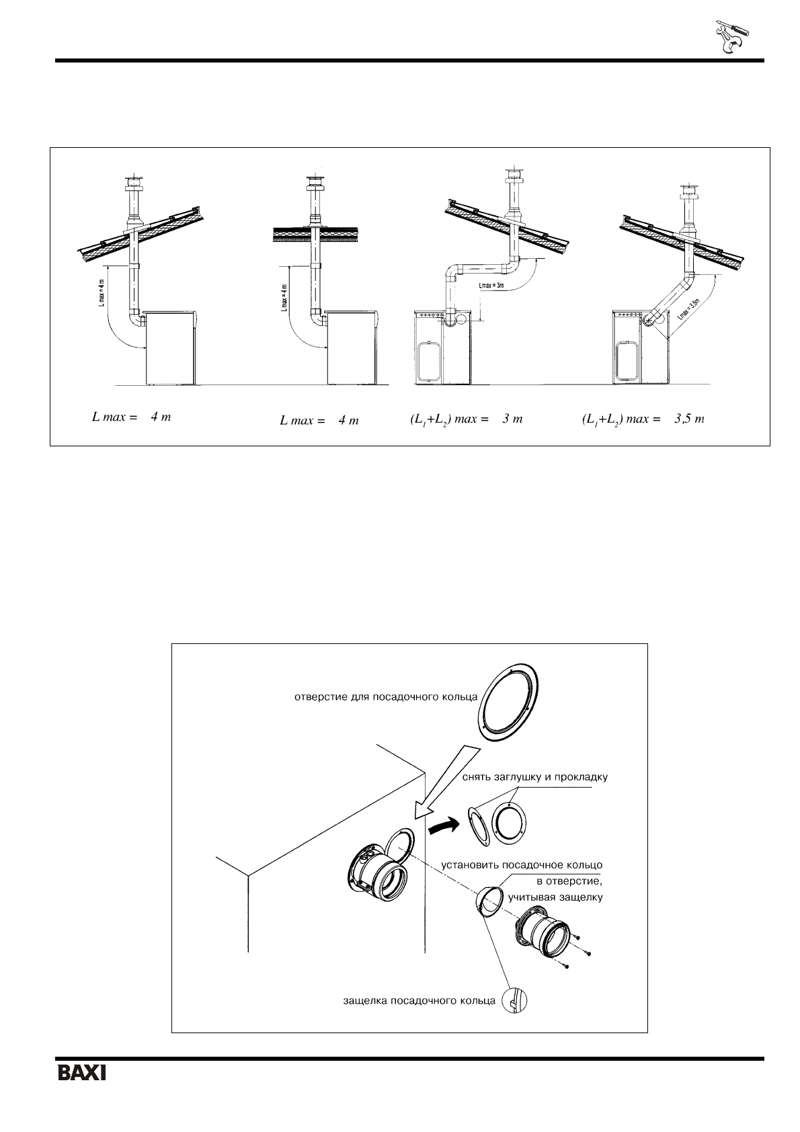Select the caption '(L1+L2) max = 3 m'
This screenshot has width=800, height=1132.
(466, 419)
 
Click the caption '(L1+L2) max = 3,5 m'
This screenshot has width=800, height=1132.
(643, 419)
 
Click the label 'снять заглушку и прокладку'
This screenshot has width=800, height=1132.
(535, 777)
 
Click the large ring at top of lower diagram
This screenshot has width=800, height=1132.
(514, 704)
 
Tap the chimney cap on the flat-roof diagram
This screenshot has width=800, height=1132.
(313, 184)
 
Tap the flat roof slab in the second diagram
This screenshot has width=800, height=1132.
(313, 235)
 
